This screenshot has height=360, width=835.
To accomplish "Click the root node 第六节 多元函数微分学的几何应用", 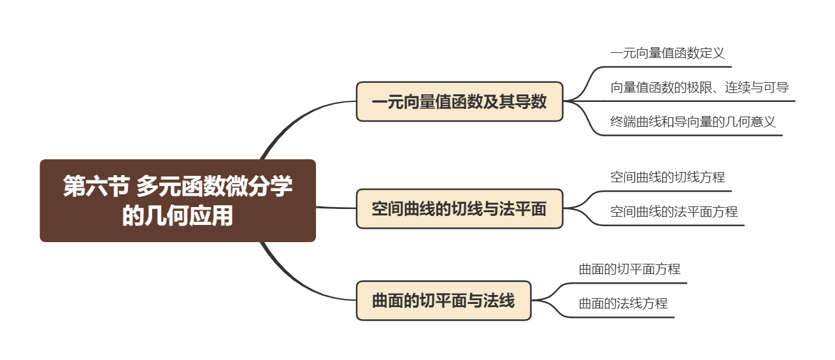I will click(178, 201).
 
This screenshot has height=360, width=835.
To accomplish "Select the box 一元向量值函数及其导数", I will click(459, 101).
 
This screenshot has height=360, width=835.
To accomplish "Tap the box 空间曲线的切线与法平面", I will click(459, 208).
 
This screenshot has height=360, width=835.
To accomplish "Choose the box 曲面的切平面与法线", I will click(443, 300).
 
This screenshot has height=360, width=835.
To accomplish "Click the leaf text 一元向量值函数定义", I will click(667, 53).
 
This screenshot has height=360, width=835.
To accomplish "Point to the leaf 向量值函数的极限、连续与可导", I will click(699, 87).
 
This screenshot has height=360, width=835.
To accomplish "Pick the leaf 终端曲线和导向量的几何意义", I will click(692, 122).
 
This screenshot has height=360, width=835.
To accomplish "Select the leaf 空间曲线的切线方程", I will click(667, 177).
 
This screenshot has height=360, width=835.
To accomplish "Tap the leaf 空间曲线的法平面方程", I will click(673, 212).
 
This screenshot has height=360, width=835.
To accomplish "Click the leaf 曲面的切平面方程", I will click(629, 270).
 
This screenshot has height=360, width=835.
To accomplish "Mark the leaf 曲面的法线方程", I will click(622, 303).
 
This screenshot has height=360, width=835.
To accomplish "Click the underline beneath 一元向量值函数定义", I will click(669, 66).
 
